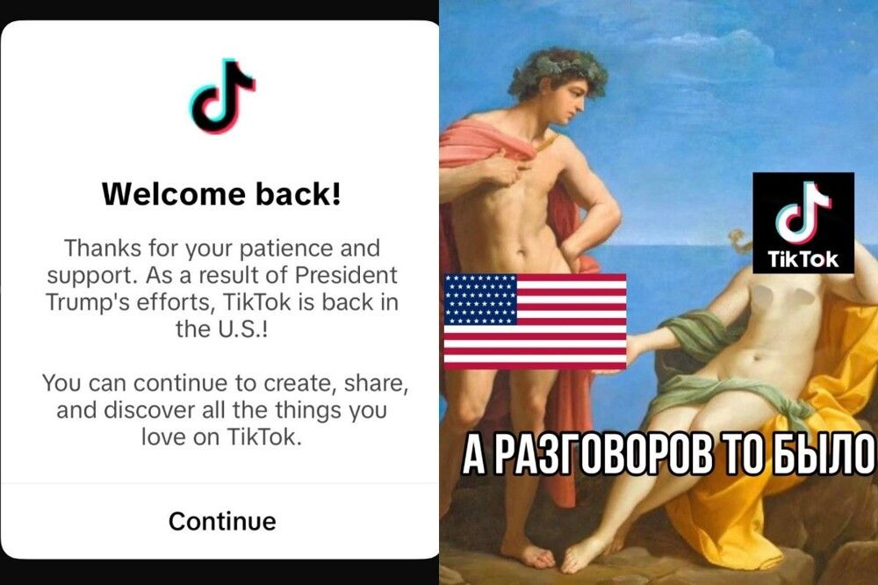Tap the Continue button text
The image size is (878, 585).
(222, 521)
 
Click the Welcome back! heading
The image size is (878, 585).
(221, 194)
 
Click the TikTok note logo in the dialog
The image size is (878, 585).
(222, 95)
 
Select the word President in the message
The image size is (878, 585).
(345, 275)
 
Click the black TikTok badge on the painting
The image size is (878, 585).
(803, 223)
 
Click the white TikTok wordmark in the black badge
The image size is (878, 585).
(803, 259)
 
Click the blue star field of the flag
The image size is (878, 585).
(480, 300)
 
